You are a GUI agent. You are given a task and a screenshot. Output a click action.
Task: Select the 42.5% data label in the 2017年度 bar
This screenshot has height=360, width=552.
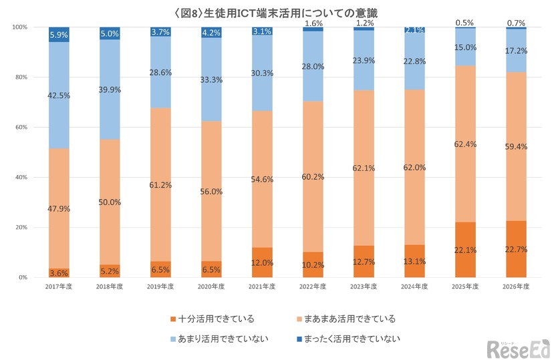click(x=59, y=96)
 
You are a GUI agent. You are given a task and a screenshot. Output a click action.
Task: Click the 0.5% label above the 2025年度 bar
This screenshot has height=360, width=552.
click(x=465, y=23)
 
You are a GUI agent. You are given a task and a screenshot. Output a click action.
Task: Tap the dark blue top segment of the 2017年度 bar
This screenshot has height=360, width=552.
click(x=59, y=35)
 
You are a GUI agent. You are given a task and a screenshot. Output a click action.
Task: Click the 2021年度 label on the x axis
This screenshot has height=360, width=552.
click(x=262, y=286)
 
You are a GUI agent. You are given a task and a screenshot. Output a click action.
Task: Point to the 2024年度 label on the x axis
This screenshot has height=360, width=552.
click(x=414, y=286)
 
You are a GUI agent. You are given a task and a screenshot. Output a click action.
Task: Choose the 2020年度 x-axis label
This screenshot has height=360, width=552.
click(x=211, y=286)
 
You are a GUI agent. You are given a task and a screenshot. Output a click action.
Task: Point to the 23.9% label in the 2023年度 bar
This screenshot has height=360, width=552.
click(x=364, y=60)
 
